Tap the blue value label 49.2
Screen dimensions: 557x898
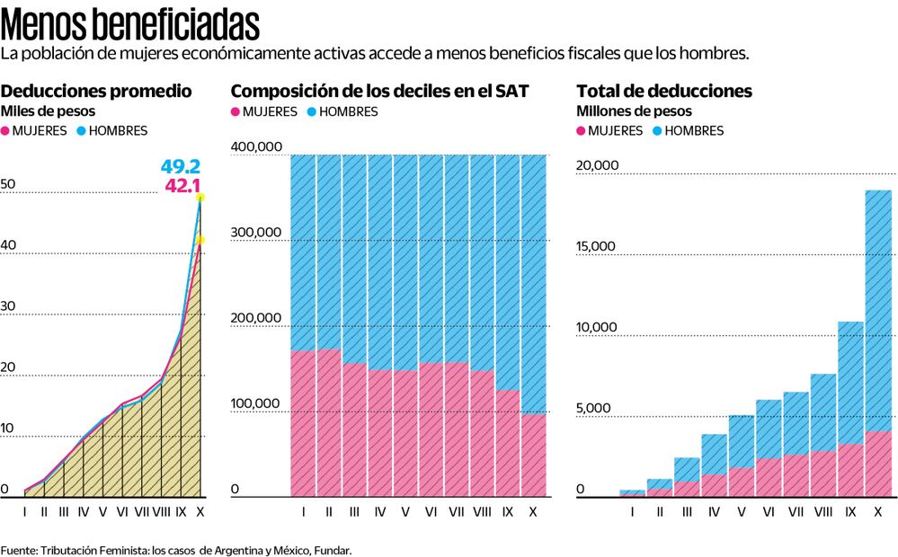pos(180,167)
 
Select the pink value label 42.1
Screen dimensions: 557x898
pos(182,186)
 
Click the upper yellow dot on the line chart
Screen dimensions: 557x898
pos(200,197)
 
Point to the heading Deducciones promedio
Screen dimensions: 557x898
pos(96,91)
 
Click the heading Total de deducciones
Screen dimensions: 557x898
pos(664,91)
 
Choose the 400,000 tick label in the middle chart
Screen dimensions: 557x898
pos(257,147)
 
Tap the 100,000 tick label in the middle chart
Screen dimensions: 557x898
pos(257,404)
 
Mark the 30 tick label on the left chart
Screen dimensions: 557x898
pos(9,306)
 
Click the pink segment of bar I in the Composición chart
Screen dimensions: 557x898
pos(304,422)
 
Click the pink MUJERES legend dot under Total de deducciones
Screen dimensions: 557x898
pos(581,130)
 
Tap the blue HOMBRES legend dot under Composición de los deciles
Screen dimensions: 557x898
pos(311,112)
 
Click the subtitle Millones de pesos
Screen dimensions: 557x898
pos(634,111)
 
